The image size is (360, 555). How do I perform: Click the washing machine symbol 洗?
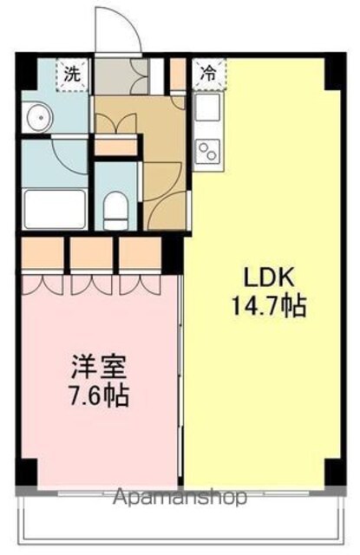[x=72, y=75]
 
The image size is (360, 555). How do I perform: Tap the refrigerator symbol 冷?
[x=209, y=75]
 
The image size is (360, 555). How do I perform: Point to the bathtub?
[x=55, y=209]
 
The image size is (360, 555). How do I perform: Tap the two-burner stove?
[x=208, y=151]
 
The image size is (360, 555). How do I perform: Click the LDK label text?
[x=269, y=277]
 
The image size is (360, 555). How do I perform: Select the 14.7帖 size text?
[x=269, y=306]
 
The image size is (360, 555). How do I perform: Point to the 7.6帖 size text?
[x=99, y=395]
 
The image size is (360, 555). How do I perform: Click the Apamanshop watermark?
[x=180, y=496]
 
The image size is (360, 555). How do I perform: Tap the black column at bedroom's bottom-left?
[x=27, y=472]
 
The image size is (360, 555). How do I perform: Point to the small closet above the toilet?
[x=116, y=147]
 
